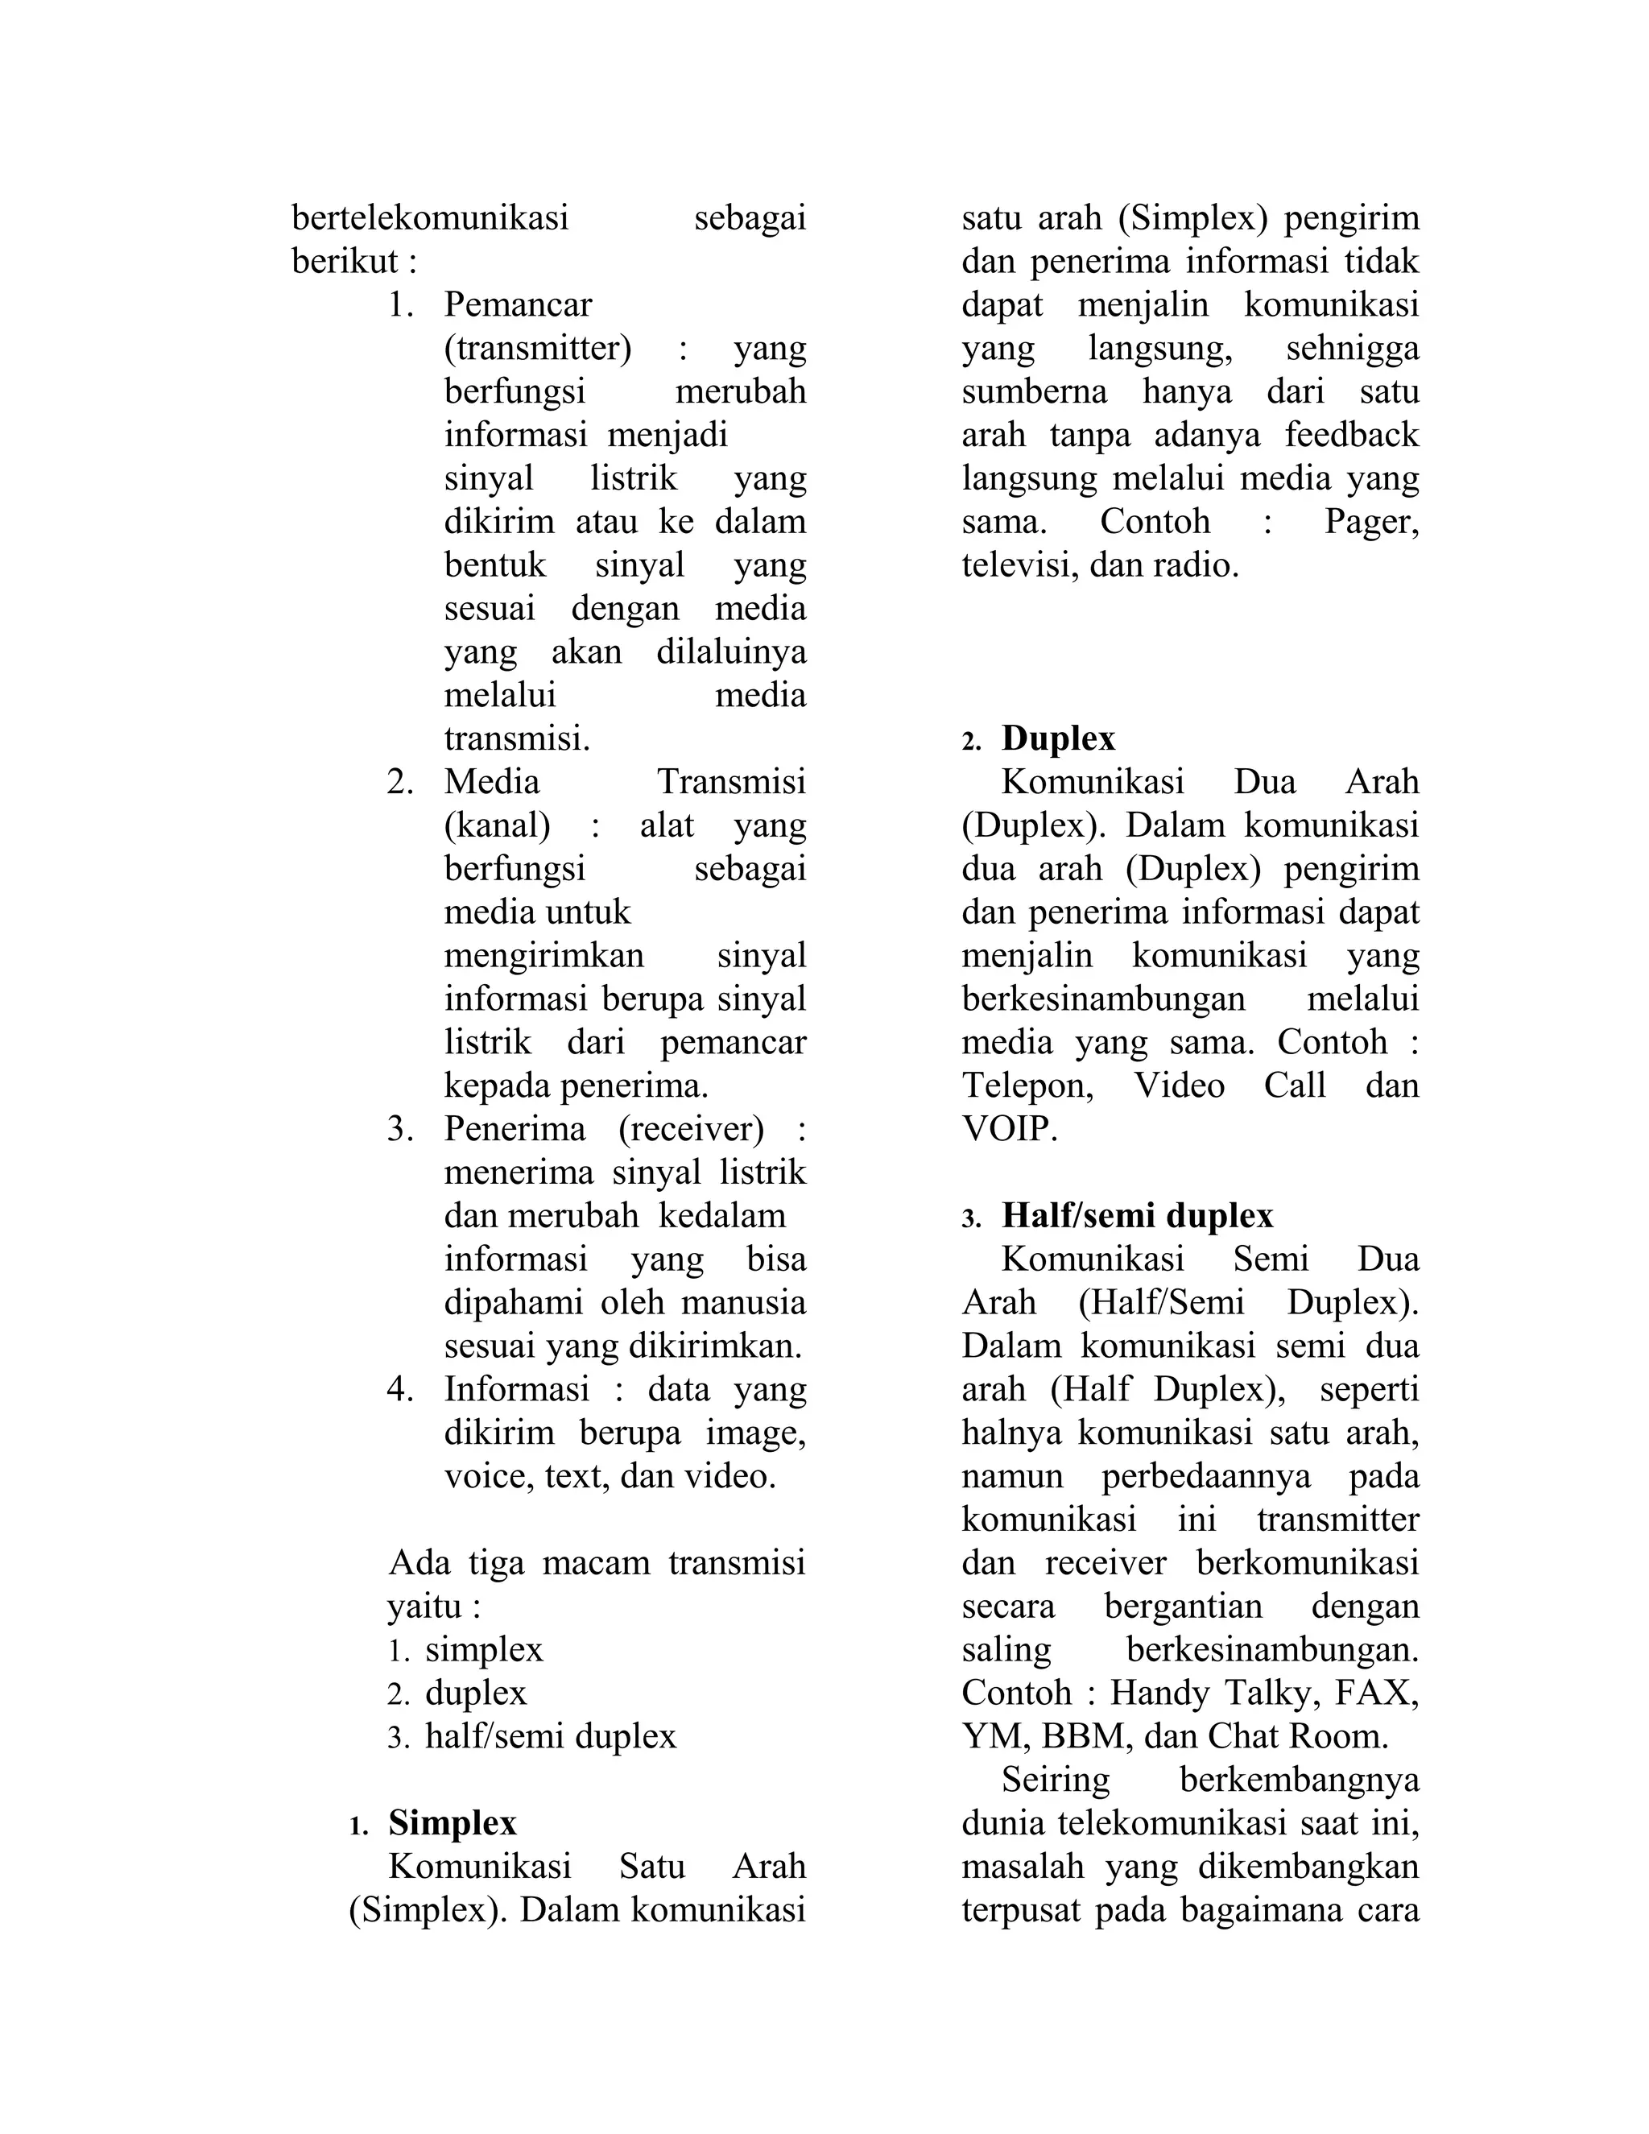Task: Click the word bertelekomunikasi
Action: coord(430,219)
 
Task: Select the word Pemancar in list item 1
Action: coord(518,305)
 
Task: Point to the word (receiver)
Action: coord(692,1130)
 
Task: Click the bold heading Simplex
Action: coord(453,1823)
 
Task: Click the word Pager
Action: coord(1370,523)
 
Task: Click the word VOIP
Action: coord(1009,1131)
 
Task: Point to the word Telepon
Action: coord(1027,1086)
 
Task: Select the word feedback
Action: coord(1351,435)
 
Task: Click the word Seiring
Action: coord(1055,1780)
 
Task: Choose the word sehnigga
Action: coord(1352,349)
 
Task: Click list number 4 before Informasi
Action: coord(399,1389)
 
